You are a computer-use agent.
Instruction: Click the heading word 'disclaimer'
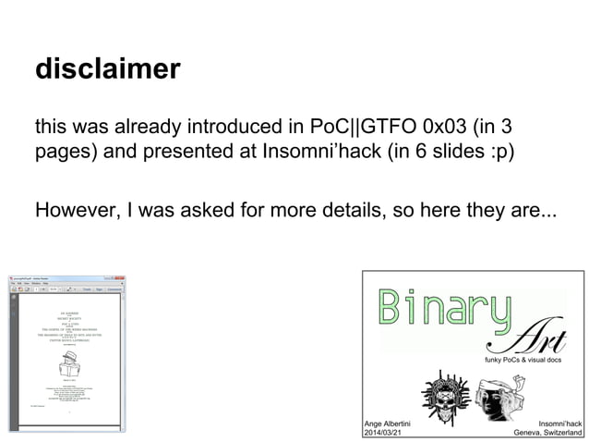(x=107, y=69)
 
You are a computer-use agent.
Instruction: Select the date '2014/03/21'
(x=385, y=432)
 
